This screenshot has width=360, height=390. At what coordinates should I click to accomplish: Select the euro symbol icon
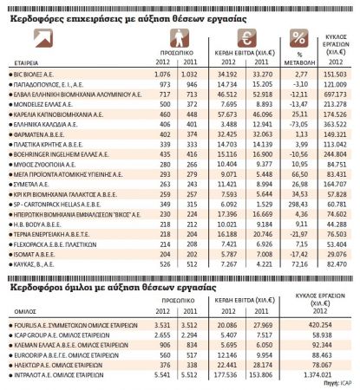245,38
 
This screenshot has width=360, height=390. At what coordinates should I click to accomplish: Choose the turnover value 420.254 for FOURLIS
333,325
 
